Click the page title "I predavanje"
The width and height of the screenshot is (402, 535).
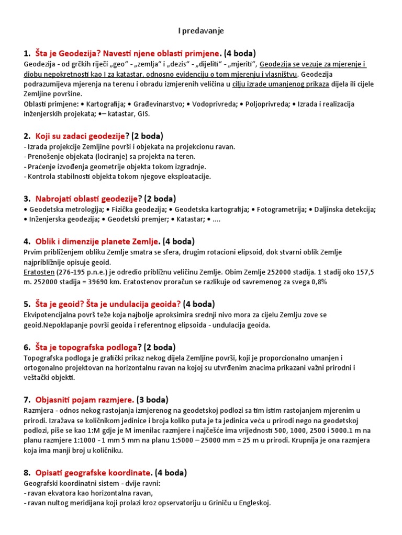(201, 31)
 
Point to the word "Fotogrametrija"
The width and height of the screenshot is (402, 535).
(278, 210)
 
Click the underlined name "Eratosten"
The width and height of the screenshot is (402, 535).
(39, 272)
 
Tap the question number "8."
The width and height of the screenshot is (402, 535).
(27, 472)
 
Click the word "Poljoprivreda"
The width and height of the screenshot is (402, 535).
(265, 103)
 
